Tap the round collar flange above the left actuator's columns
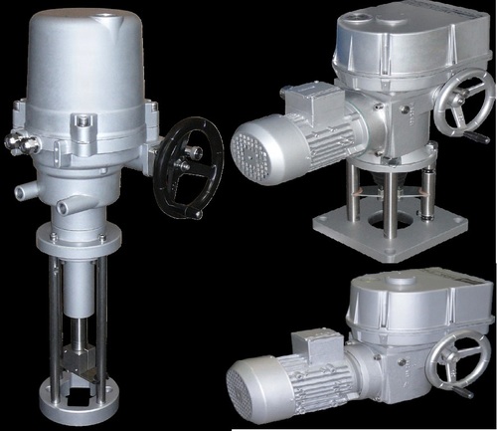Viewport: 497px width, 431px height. pyautogui.click(x=87, y=240)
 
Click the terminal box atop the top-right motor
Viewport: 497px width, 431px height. pyautogui.click(x=304, y=99)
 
